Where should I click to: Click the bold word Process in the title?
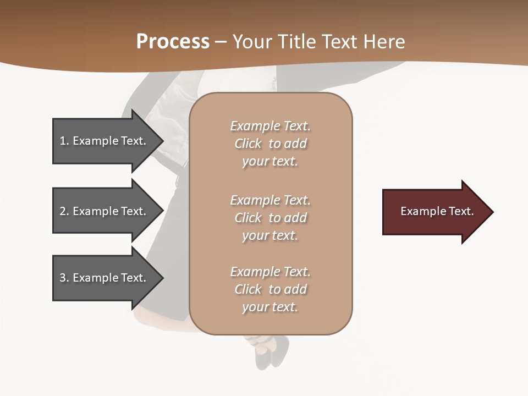173,42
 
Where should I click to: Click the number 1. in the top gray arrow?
64,141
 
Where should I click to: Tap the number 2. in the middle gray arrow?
64,211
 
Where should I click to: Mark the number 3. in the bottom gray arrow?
64,278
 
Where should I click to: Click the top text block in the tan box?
270,144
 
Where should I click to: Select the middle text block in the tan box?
270,218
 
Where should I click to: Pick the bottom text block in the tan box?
270,289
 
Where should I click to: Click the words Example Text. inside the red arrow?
437,211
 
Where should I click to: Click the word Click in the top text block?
248,144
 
